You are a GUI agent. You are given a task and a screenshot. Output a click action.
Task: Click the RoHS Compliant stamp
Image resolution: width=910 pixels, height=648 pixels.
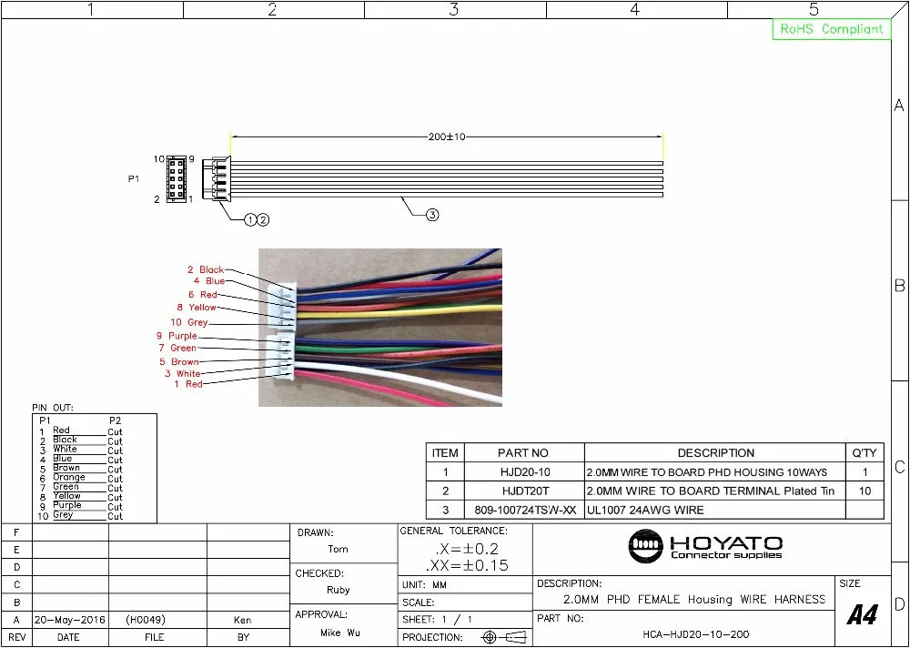click(831, 29)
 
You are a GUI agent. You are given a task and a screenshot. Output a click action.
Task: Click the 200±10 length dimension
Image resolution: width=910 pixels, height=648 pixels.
click(447, 137)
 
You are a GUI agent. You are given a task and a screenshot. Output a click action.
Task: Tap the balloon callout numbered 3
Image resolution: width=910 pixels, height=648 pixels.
click(433, 215)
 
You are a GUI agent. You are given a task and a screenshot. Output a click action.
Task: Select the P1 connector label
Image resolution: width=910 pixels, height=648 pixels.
click(134, 179)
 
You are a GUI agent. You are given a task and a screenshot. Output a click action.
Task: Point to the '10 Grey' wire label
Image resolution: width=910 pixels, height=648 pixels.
click(189, 322)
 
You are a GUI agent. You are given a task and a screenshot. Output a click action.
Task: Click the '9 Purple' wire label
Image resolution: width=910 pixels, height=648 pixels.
click(177, 336)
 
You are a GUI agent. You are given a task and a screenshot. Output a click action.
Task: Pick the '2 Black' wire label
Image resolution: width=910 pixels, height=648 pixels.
click(205, 269)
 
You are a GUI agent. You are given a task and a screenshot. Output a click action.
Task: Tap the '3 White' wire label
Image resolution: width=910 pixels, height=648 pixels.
click(182, 373)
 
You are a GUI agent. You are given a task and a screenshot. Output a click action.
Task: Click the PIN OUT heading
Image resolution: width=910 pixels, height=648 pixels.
click(53, 408)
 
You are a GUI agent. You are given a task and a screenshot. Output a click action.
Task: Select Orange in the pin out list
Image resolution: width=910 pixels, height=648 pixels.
click(69, 477)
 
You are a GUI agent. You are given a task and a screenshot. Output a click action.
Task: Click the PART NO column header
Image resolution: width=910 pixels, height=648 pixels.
click(523, 452)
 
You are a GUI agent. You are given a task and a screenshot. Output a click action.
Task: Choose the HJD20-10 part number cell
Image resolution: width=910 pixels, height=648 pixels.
click(523, 472)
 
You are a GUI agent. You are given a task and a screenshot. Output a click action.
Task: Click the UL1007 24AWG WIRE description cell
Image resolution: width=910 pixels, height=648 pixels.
click(645, 510)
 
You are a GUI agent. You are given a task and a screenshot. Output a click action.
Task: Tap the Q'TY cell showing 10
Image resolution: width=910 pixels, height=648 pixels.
click(864, 491)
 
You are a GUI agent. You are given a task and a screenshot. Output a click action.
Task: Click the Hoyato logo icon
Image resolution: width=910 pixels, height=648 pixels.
click(647, 546)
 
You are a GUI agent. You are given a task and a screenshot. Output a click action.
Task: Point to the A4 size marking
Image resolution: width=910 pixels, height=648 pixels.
click(862, 615)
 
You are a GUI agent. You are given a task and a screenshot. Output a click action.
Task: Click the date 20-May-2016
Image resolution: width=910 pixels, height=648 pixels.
click(69, 620)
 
